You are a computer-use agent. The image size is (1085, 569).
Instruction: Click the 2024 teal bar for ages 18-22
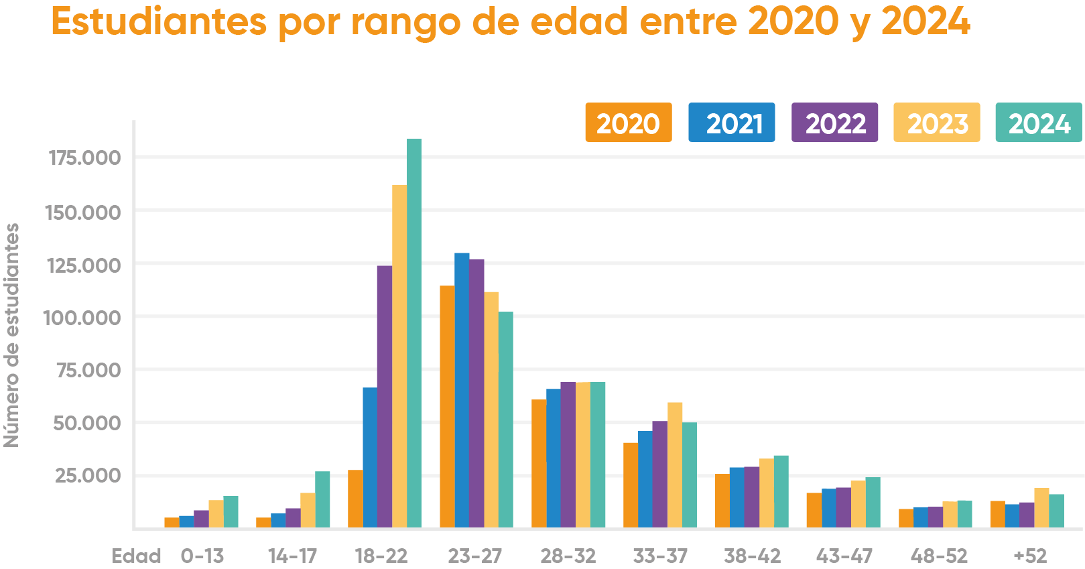point(414,335)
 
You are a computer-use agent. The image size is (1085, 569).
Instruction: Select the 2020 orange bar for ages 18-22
point(355,499)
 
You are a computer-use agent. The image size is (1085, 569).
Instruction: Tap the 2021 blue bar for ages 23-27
point(462,392)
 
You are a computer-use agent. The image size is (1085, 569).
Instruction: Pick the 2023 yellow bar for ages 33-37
point(675,466)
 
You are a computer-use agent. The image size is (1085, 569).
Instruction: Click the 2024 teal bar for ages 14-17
point(322,500)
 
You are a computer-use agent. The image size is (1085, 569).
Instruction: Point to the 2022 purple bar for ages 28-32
point(568,456)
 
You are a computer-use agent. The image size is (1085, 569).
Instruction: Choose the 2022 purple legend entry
point(834,123)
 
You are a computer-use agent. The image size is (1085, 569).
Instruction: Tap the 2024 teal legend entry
point(1038,123)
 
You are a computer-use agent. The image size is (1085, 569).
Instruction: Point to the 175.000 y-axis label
point(84,158)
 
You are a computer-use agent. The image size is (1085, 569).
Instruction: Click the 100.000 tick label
point(82,318)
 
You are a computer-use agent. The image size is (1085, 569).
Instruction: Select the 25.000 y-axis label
point(88,476)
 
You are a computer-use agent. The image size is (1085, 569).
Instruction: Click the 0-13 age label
point(202,556)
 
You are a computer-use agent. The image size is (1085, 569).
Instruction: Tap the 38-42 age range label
point(752,556)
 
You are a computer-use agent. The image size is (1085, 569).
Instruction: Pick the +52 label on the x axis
point(1029,556)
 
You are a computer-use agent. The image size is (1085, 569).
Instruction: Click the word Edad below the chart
point(136,556)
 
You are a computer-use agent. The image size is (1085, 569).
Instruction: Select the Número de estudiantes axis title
point(11,335)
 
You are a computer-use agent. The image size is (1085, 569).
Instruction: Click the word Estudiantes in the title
point(158,22)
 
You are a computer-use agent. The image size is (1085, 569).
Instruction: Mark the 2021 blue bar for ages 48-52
point(920,517)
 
